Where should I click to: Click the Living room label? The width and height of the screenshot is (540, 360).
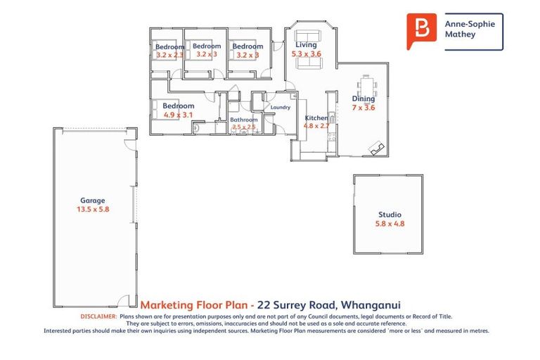(x=306, y=45)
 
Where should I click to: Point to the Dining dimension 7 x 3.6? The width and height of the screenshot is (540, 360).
(x=364, y=108)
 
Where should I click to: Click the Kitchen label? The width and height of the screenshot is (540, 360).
(x=316, y=117)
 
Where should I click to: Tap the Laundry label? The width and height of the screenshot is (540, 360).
(x=281, y=108)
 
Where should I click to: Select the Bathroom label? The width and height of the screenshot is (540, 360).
(x=244, y=120)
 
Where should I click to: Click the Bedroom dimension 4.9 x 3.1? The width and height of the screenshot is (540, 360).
(x=178, y=115)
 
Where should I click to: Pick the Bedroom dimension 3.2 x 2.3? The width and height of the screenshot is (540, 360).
(x=169, y=55)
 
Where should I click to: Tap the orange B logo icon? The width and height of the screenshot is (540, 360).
(x=422, y=30)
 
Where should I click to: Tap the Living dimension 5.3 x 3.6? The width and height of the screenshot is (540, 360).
(x=306, y=53)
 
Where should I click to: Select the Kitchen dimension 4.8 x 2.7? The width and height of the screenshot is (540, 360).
(x=316, y=126)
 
